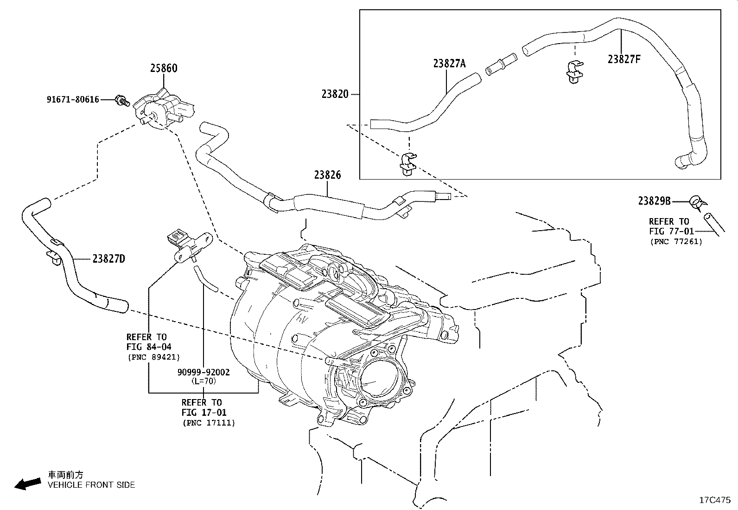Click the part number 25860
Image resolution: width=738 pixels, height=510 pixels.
[x=164, y=68]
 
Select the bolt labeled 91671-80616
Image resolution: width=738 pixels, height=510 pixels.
[x=122, y=100]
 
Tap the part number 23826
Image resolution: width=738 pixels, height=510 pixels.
[x=327, y=175]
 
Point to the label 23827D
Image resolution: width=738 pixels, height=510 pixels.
[x=109, y=258]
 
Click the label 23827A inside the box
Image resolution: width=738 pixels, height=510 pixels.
[x=449, y=63]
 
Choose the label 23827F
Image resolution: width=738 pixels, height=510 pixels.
[x=624, y=59]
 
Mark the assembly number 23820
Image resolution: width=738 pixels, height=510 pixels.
[x=335, y=94]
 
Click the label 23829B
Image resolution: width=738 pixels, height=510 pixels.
[x=654, y=201]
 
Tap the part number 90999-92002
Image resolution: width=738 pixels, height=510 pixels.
[x=204, y=372]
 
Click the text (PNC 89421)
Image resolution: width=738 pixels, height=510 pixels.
[x=154, y=357]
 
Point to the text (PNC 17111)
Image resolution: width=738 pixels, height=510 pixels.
[x=209, y=423]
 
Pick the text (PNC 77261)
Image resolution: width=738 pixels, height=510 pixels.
[x=676, y=241]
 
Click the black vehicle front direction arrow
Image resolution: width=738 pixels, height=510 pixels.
[x=28, y=484]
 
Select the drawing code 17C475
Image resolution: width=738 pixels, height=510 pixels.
[x=715, y=500]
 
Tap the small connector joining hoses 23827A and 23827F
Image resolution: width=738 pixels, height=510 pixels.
[x=501, y=64]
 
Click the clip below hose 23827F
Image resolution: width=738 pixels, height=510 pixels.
[x=574, y=72]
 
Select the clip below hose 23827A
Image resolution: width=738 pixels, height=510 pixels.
[x=408, y=164]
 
